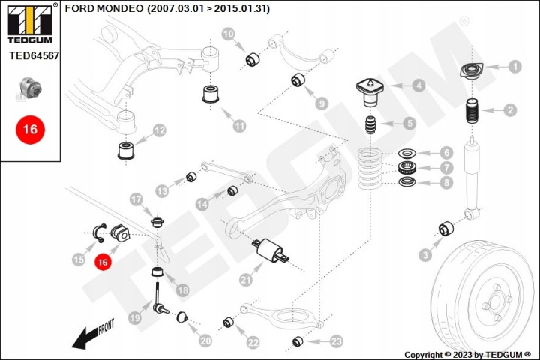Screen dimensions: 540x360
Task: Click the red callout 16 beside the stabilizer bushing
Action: (103, 262)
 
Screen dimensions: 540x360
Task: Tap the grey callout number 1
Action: (514, 67)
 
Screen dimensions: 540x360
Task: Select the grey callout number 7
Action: (447, 168)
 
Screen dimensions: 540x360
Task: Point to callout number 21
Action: (246, 280)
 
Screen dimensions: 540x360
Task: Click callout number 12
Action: (159, 130)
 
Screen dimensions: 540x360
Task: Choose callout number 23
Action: (336, 341)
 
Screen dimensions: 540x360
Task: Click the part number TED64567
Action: (34, 55)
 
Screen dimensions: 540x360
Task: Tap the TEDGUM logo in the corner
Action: (30, 23)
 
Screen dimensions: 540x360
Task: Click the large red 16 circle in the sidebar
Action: (30, 130)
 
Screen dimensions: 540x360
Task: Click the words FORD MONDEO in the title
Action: (104, 8)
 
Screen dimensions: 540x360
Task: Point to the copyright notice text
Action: (468, 355)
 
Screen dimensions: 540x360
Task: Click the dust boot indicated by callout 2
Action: (472, 111)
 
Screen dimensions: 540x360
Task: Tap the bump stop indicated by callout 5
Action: (371, 125)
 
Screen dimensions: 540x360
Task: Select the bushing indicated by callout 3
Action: (446, 229)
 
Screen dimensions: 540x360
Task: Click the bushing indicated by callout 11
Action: (211, 94)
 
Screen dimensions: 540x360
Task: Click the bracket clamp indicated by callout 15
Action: (100, 232)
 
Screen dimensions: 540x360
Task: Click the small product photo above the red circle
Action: (30, 88)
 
